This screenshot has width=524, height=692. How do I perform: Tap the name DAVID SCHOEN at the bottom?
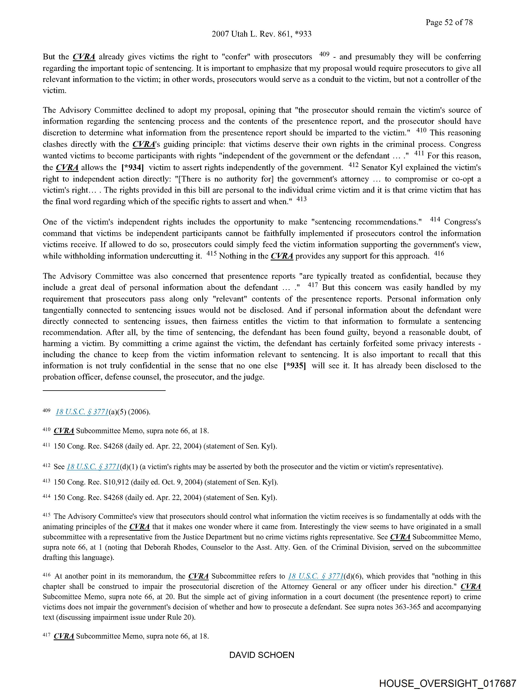(x=262, y=655)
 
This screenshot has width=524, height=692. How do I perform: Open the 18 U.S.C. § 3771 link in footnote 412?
(x=93, y=467)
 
